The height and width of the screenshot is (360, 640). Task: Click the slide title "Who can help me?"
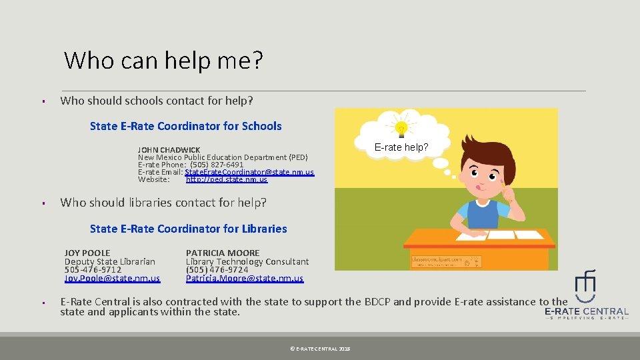click(163, 61)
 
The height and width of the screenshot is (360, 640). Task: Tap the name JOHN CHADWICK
click(169, 149)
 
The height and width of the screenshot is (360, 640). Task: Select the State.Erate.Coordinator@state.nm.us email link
click(249, 172)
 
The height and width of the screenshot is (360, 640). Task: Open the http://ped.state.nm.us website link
click(227, 179)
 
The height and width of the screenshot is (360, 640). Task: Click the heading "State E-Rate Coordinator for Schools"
click(185, 126)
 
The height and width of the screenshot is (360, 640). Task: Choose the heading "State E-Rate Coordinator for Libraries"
click(188, 229)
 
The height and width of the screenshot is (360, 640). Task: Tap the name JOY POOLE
click(87, 253)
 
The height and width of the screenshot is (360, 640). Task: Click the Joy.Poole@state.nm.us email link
click(112, 279)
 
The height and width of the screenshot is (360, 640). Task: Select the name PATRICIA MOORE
click(223, 253)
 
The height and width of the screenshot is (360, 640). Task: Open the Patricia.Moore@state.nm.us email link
click(244, 279)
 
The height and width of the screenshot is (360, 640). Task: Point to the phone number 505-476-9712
click(93, 270)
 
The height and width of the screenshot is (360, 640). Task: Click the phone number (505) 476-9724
click(217, 270)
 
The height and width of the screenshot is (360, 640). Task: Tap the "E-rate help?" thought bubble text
click(401, 147)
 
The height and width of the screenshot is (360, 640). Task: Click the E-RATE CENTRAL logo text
click(586, 311)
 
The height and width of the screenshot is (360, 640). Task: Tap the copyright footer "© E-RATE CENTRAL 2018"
click(320, 349)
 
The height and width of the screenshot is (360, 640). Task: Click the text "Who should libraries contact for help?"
click(163, 203)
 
